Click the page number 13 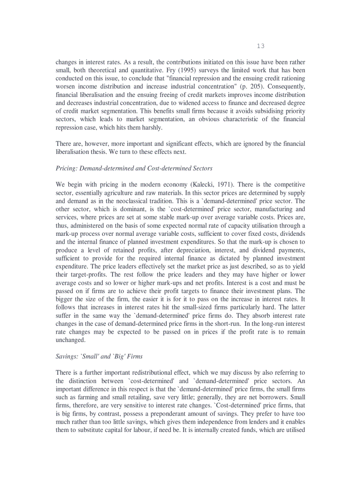pyautogui.click(x=260, y=46)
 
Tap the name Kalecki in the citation pyautogui.click(x=202, y=184)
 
